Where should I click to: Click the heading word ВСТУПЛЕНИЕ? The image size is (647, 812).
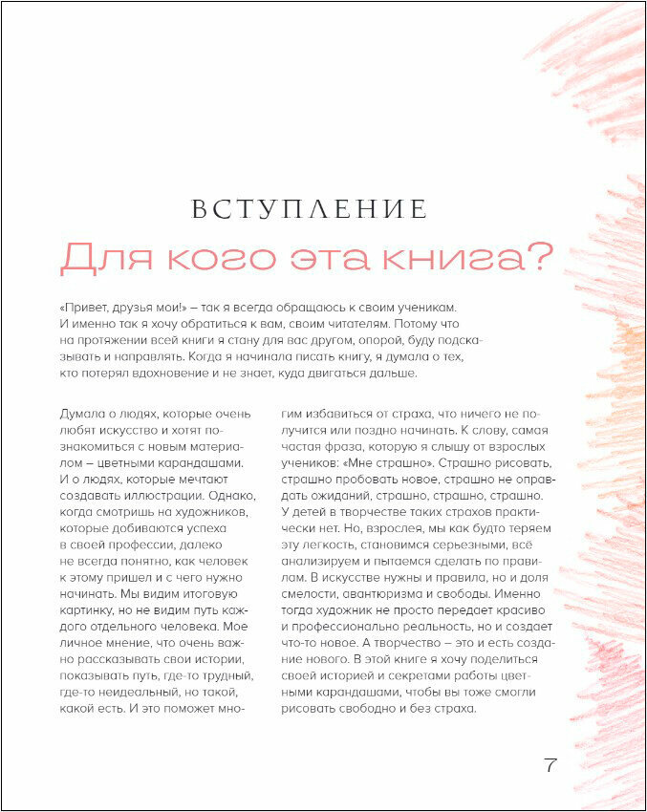coord(309,209)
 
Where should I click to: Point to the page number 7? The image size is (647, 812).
coord(550,765)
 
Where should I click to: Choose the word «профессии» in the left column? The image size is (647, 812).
coord(125,545)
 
